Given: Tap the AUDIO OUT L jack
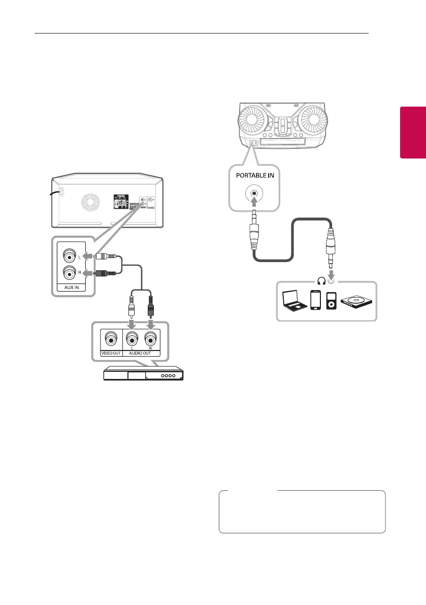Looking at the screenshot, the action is click(132, 338).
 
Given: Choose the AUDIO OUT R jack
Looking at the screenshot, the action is click(150, 338).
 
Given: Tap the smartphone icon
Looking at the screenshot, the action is click(315, 300).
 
